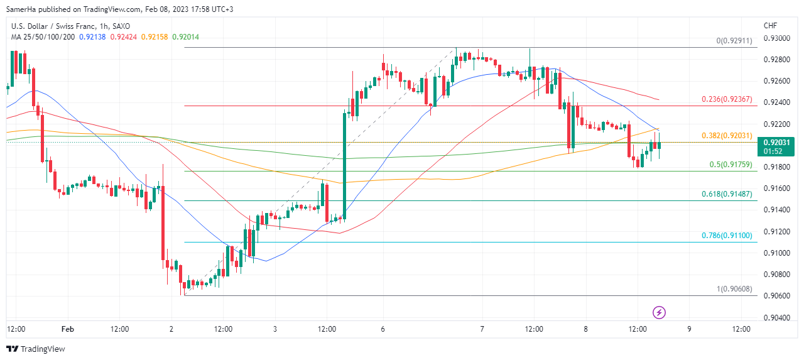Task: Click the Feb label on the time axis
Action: pos(68,329)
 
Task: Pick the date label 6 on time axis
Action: pos(383,329)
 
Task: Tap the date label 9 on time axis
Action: pos(690,329)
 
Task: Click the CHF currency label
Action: pos(770,26)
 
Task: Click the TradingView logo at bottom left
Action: pos(36,349)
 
